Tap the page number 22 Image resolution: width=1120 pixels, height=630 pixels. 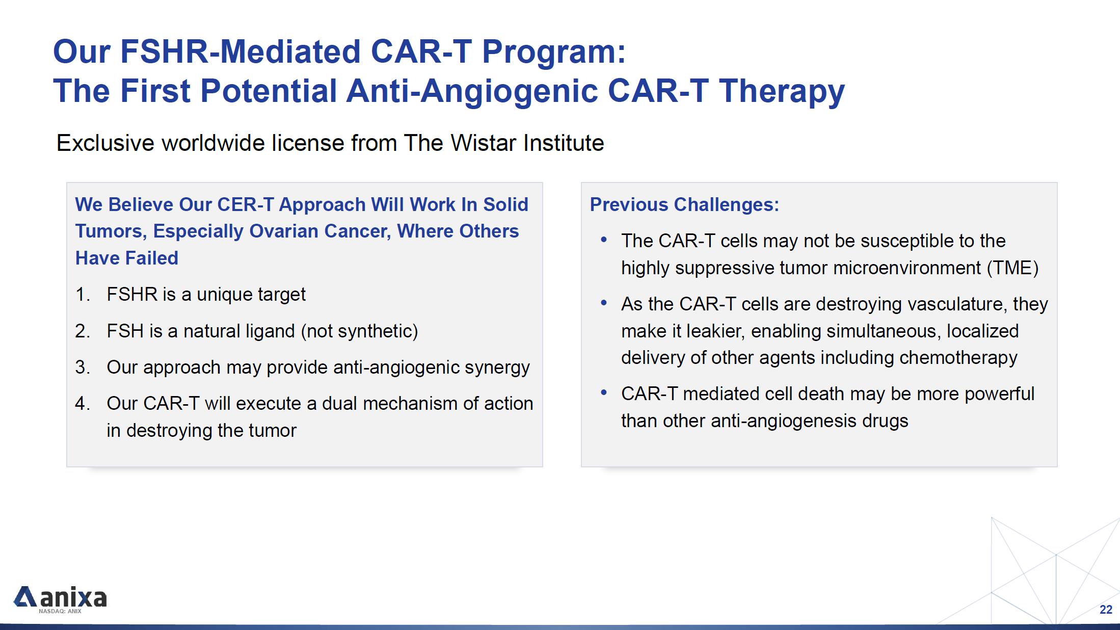pos(1106,610)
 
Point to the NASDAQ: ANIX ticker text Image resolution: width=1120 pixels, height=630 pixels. pos(60,611)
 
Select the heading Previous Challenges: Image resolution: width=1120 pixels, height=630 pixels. pos(684,204)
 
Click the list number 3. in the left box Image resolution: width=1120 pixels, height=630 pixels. pos(83,367)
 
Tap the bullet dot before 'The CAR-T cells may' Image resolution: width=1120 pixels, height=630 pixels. pos(604,240)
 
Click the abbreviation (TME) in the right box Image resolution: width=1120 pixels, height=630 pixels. pos(1012,268)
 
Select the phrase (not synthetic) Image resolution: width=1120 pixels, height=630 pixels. pos(360,331)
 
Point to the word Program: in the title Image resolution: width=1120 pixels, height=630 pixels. pos(554,52)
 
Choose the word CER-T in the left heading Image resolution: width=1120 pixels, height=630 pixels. pos(246,204)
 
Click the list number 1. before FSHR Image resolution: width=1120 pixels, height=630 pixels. pos(83,295)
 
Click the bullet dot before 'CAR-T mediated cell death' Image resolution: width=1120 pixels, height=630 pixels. pos(604,392)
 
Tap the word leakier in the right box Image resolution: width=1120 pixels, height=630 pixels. pos(715,331)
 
